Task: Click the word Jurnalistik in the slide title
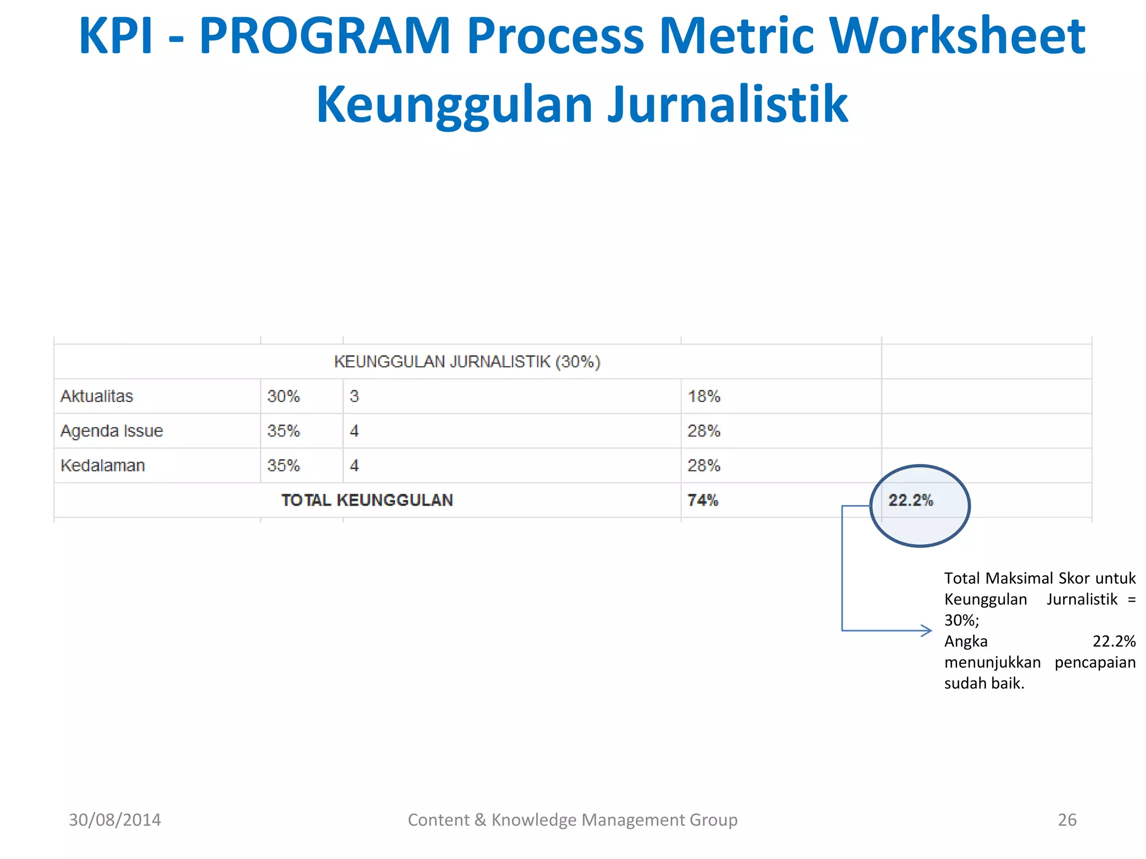(x=727, y=105)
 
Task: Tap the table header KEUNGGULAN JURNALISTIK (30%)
(x=467, y=362)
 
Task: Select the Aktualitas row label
(x=97, y=397)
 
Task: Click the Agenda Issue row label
(x=111, y=431)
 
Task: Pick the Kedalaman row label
(x=102, y=466)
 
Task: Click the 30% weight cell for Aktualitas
(x=283, y=397)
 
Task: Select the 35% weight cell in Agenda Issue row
(x=283, y=431)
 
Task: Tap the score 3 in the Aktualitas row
(x=354, y=397)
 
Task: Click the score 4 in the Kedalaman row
(x=354, y=466)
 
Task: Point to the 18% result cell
(x=704, y=397)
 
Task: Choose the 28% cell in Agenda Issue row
(x=704, y=431)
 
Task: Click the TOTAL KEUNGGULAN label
(x=367, y=501)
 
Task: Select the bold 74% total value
(x=703, y=501)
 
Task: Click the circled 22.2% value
(x=910, y=501)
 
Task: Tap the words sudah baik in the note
(x=984, y=683)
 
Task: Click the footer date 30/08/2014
(x=115, y=820)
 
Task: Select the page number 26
(x=1067, y=820)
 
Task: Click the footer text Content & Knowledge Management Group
(x=572, y=820)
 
